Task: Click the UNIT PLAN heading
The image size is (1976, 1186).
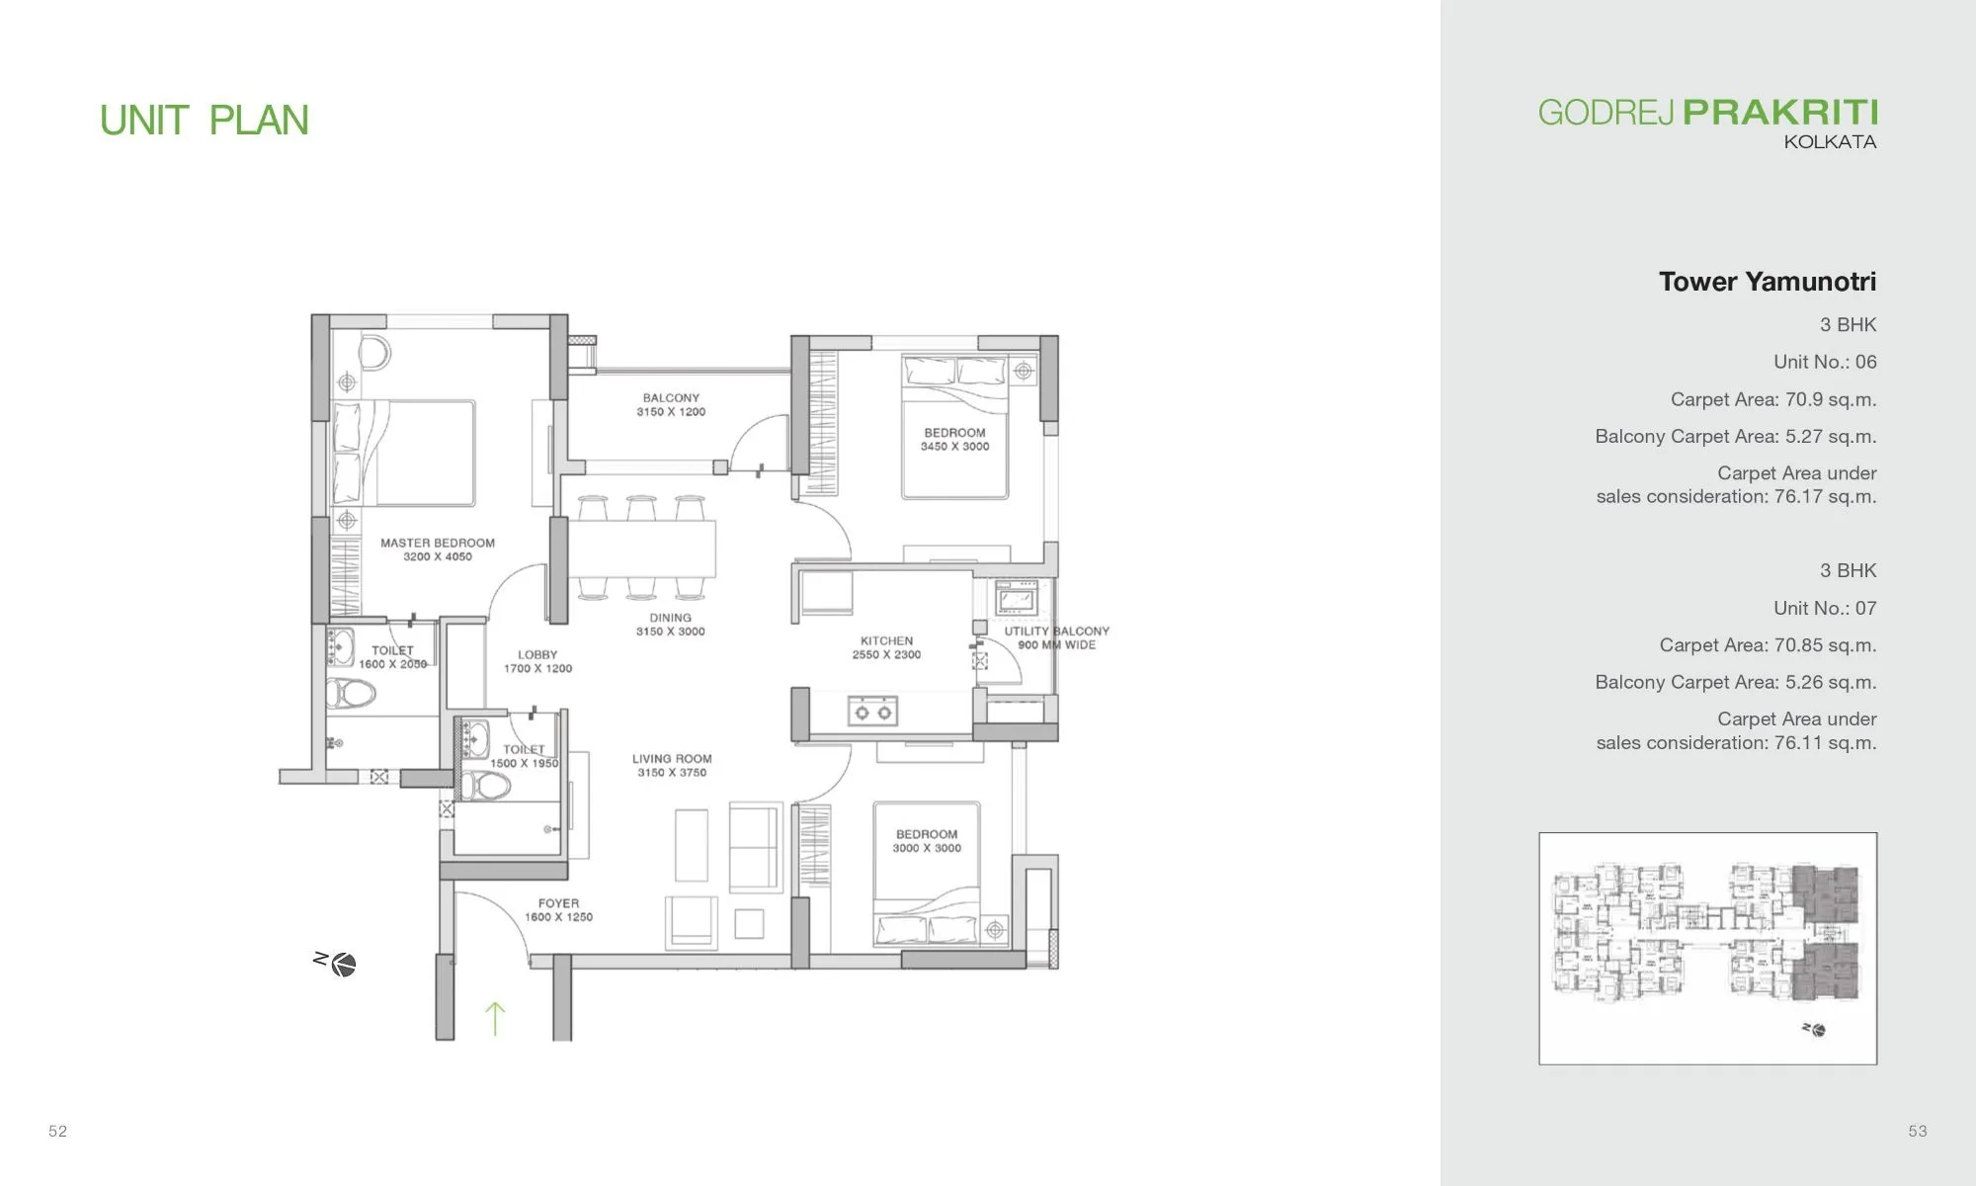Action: [205, 121]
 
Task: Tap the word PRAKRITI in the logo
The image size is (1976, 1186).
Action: [1779, 112]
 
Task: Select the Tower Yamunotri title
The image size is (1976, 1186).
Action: [1767, 282]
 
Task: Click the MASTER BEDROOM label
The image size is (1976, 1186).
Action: [437, 550]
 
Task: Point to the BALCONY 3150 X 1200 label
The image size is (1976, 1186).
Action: [671, 404]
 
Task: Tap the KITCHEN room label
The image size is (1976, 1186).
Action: [886, 647]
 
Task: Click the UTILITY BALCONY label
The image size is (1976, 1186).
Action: [1056, 637]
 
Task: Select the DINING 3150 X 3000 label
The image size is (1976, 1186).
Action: [670, 624]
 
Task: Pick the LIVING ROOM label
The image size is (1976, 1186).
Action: [672, 765]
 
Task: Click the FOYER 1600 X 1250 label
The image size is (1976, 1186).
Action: [558, 909]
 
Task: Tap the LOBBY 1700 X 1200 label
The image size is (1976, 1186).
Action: [537, 661]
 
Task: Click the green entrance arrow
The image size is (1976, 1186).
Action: [495, 1018]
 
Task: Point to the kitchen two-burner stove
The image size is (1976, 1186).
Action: [872, 712]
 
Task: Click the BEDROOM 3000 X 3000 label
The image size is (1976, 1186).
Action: [926, 840]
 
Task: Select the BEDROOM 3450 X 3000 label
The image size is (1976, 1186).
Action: [954, 439]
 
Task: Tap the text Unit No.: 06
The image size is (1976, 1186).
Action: [1824, 362]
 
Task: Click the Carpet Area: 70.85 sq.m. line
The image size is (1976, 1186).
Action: [1767, 645]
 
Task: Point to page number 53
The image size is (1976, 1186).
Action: [1917, 1131]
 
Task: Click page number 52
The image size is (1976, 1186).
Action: [58, 1131]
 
